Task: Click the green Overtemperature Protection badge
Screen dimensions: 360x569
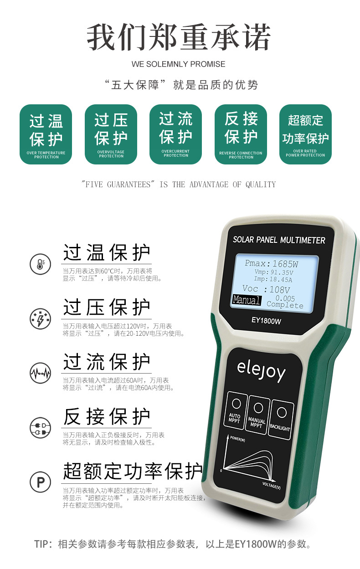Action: pos(46,134)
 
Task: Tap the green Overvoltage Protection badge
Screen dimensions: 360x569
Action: pos(111,134)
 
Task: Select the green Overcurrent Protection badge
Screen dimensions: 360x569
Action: pos(175,134)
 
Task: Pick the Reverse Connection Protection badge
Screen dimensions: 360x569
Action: pos(241,134)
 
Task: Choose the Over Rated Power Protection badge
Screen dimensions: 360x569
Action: pos(305,134)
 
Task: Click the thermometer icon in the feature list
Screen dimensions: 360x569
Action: pos(41,264)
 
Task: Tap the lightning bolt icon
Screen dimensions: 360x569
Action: pos(41,319)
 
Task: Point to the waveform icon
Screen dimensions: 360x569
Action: pos(41,373)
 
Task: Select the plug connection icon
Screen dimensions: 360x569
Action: pos(41,428)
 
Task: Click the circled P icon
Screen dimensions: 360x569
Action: pos(41,482)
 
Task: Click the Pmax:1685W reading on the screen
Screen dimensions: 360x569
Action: pos(271,264)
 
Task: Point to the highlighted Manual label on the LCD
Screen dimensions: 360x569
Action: pos(246,300)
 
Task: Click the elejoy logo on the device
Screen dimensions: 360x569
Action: pos(262,371)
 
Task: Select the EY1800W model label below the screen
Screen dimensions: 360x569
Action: pos(266,321)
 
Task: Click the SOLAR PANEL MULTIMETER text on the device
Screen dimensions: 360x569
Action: pos(279,240)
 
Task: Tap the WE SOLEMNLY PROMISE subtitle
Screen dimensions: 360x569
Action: pos(178,64)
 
